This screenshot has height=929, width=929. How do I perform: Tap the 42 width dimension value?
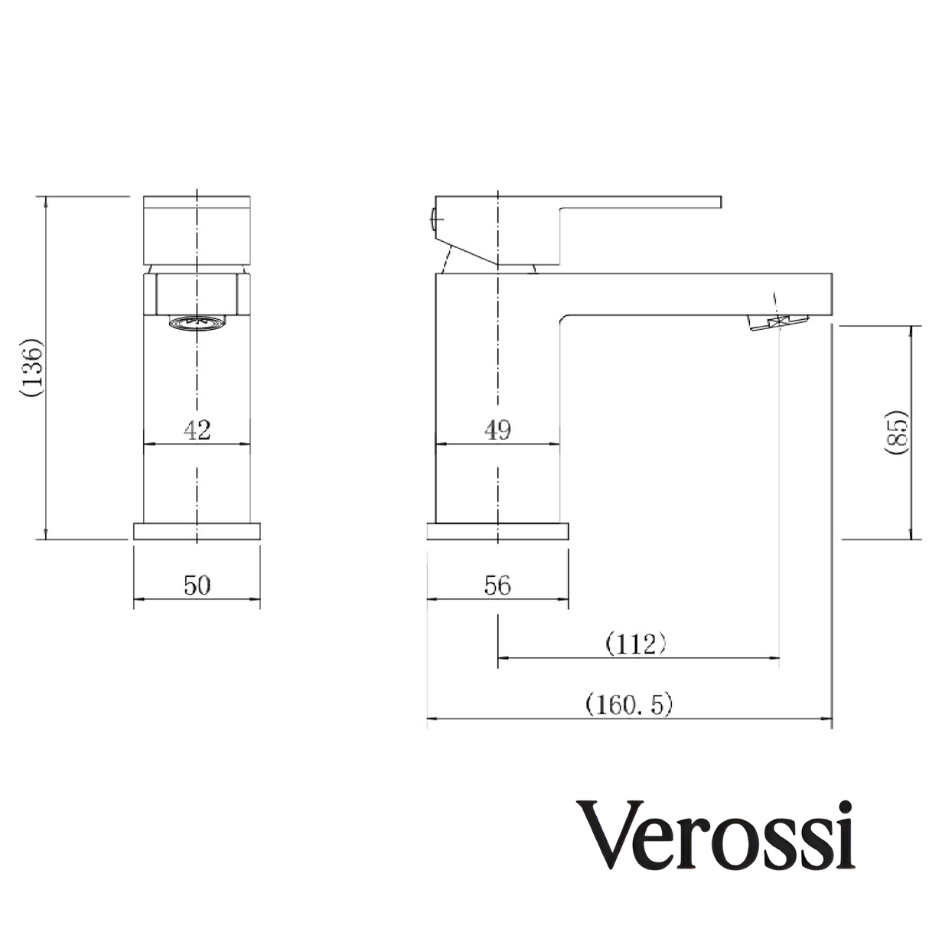pyautogui.click(x=197, y=430)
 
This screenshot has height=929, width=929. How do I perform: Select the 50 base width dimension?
pyautogui.click(x=197, y=585)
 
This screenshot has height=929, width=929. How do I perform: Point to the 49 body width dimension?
pyautogui.click(x=497, y=430)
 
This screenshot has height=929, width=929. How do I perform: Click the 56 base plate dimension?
pyautogui.click(x=497, y=585)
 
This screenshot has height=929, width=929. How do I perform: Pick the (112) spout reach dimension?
pyautogui.click(x=635, y=644)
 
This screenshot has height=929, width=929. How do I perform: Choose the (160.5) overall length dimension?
pyautogui.click(x=628, y=704)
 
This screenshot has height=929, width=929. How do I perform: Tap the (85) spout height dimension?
pyautogui.click(x=895, y=433)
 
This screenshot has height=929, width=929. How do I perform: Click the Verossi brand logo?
pyautogui.click(x=719, y=834)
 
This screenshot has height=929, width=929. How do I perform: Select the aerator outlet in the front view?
pyautogui.click(x=197, y=324)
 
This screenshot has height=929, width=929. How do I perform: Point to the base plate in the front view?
pyautogui.click(x=197, y=531)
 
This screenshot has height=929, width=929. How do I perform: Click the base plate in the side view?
pyautogui.click(x=497, y=531)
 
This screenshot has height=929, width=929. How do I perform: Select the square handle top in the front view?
pyautogui.click(x=197, y=230)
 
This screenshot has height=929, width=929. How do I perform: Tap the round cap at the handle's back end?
pyautogui.click(x=434, y=218)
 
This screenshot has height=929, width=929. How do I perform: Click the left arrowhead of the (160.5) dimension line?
pyautogui.click(x=430, y=719)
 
